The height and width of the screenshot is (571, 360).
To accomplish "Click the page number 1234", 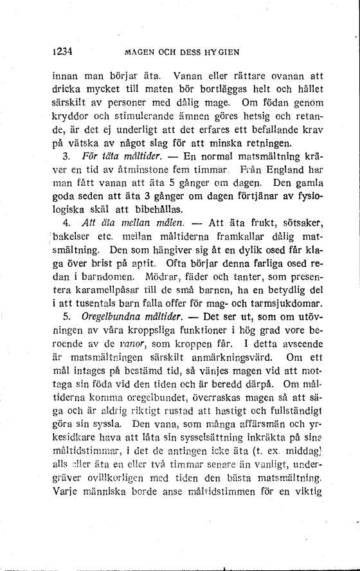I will [64, 51].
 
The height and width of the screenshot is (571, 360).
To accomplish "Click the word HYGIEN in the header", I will [222, 51].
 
